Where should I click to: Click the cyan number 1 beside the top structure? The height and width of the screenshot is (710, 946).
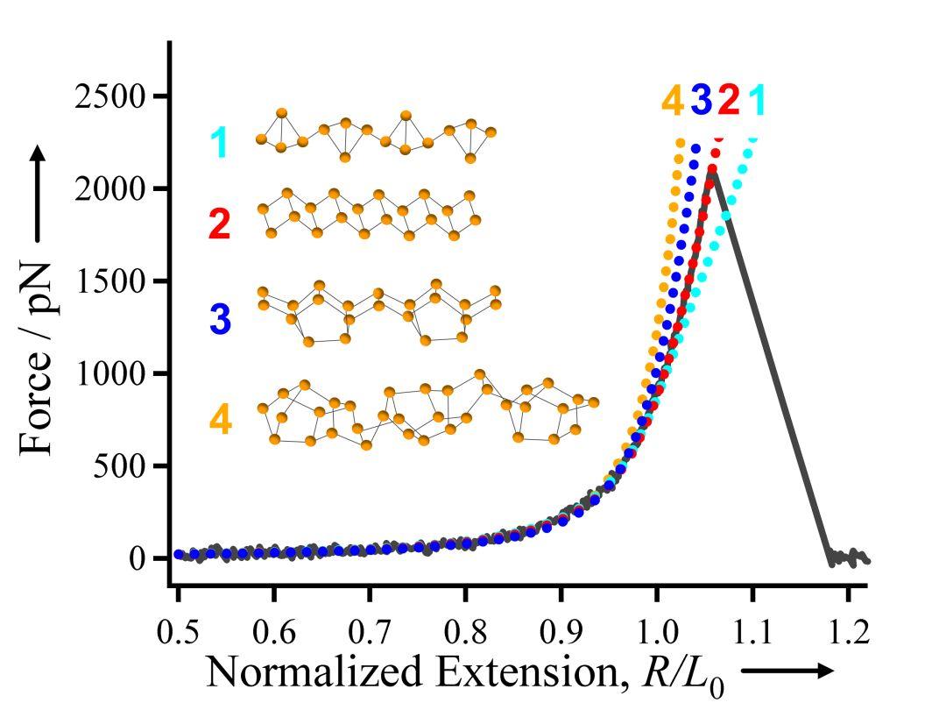218,142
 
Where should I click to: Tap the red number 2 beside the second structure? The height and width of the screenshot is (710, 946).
218,225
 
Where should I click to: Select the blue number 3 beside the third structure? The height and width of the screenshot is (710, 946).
219,319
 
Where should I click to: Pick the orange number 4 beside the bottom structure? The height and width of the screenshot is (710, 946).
220,420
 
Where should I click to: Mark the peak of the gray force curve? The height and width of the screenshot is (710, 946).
713,173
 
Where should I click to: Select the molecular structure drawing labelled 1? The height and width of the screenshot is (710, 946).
377,136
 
